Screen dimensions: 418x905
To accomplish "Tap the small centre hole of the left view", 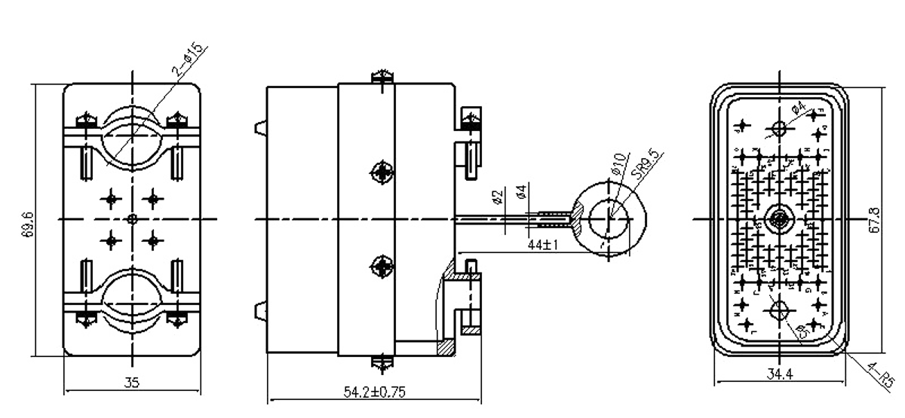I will pyautogui.click(x=133, y=218).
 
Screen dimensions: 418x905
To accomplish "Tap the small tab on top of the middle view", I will pyautogui.click(x=384, y=76).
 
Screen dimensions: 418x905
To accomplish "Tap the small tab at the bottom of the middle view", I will pyautogui.click(x=384, y=365).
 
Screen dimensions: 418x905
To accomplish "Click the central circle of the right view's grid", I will pyautogui.click(x=777, y=218).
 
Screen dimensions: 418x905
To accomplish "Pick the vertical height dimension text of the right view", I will pyautogui.click(x=875, y=218).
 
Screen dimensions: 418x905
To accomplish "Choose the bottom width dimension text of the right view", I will pyautogui.click(x=777, y=371).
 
